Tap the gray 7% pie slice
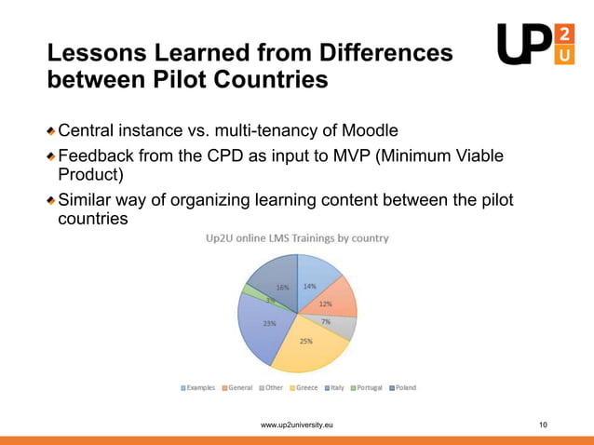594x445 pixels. click(343, 326)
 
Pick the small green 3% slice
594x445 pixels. click(249, 291)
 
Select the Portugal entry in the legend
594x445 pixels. click(368, 387)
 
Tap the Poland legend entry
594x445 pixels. click(402, 387)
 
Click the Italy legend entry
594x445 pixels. click(335, 387)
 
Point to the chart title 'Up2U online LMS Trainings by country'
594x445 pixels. click(297, 238)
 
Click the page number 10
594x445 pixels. click(544, 425)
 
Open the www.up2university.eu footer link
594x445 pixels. click(297, 425)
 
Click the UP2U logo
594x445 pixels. click(537, 45)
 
